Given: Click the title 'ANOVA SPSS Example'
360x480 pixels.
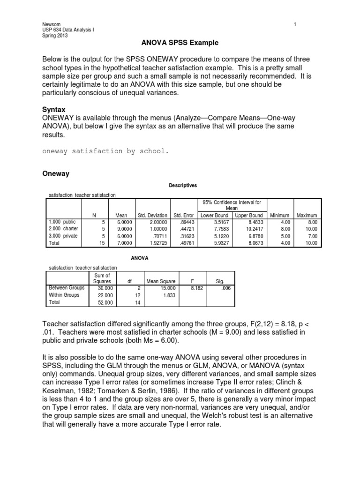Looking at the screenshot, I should pos(180,43).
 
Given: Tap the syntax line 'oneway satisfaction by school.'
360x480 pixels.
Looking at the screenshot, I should pos(105,151).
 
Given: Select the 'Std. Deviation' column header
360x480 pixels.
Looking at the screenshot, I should pos(152,215).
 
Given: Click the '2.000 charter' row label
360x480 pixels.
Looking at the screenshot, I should pos(64,229).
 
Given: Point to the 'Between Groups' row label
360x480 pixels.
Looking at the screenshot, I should pos(64,288).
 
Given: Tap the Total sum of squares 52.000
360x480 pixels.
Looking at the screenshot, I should pos(105,303).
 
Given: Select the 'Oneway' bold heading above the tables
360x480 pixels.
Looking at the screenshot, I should pos(56,173).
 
